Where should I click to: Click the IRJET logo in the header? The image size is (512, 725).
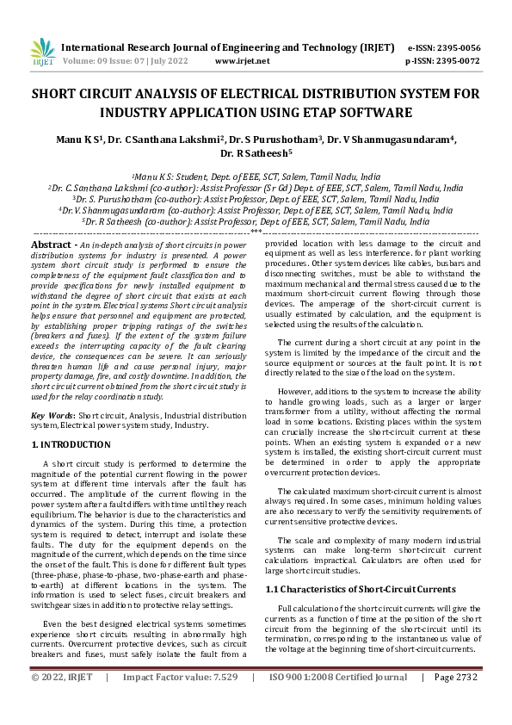coord(42,53)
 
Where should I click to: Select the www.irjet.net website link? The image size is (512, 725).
coord(242,62)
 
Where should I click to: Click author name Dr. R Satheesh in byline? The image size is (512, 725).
coord(256,154)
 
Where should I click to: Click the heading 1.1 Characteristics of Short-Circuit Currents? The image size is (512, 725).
coord(361,589)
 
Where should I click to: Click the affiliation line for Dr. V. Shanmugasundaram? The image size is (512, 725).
coord(256,209)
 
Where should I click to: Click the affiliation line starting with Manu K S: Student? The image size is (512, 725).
coord(256,175)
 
